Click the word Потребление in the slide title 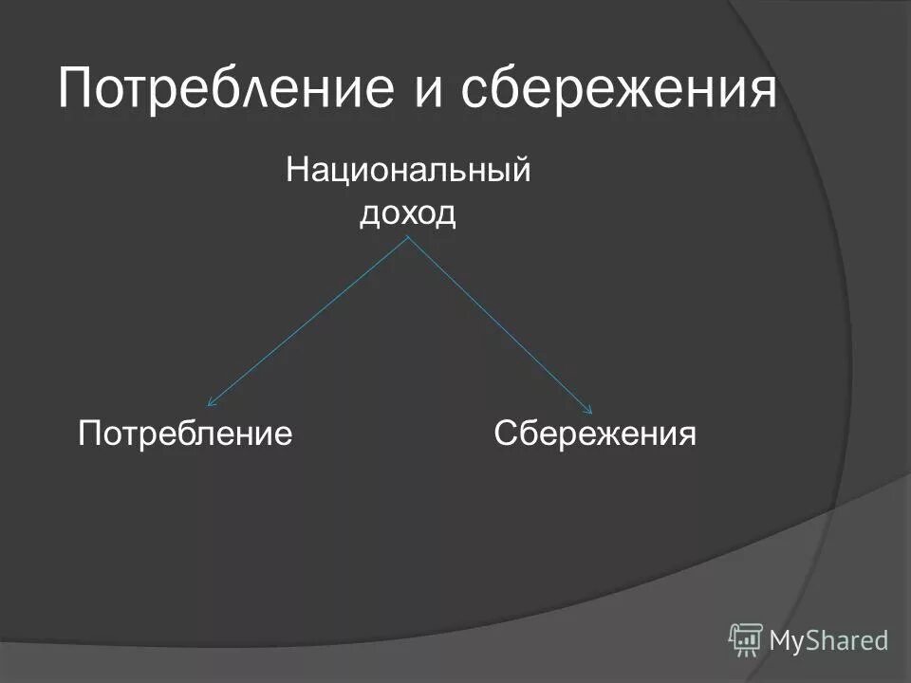pos(226,88)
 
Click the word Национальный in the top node pos(407,175)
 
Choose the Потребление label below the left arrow pos(184,434)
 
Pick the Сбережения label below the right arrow pos(595,434)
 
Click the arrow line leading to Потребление pos(308,323)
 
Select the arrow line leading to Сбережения pos(501,323)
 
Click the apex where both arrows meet pos(408,237)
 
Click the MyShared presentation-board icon pos(746,639)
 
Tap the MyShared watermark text pos(828,640)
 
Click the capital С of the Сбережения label pos(505,434)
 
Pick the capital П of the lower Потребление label pos(89,434)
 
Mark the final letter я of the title pos(758,92)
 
